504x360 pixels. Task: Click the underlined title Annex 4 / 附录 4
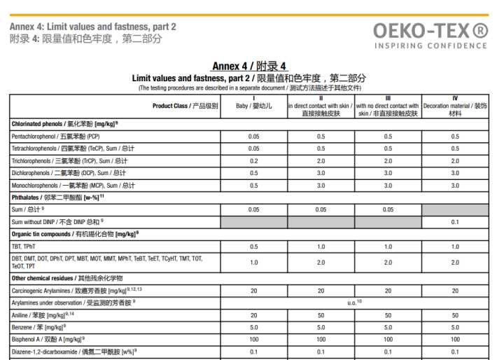248,67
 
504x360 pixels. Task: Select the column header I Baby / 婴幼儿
253,106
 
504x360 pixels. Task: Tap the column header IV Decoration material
455,106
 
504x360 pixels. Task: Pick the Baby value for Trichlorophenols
253,160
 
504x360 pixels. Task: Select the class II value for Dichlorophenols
321,173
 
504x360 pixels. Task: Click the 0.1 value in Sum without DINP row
455,222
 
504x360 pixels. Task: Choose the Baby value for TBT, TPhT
253,247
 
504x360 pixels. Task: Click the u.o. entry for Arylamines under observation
354,302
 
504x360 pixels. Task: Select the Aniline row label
38,314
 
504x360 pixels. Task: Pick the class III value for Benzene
388,326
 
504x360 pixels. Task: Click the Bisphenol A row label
46,339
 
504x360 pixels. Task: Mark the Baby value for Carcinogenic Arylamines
253,289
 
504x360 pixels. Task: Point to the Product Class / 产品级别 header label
185,106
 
